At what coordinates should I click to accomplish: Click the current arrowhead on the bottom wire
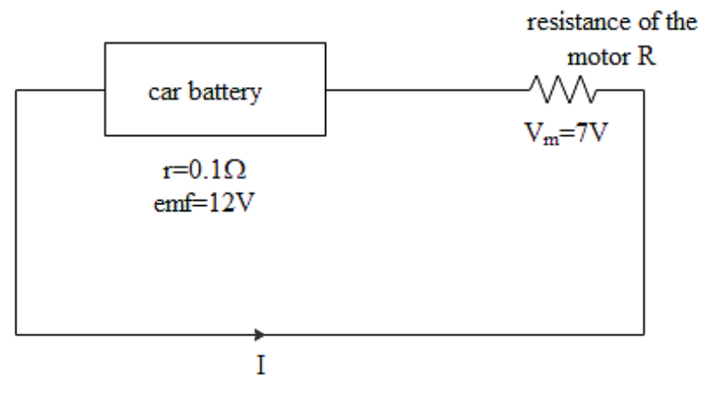coord(260,333)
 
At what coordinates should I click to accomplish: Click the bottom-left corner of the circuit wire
coord(17,333)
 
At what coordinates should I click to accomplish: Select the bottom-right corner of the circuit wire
coord(643,333)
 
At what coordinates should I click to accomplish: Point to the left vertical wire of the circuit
coord(17,211)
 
